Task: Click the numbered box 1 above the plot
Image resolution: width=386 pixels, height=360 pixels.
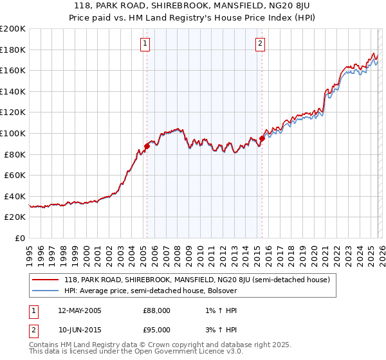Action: pyautogui.click(x=145, y=44)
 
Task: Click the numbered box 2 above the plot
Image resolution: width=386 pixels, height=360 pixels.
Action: pyautogui.click(x=260, y=44)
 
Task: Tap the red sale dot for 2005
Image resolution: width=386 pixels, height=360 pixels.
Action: pyautogui.click(x=147, y=146)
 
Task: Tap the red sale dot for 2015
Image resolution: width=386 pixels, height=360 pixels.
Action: pyautogui.click(x=262, y=138)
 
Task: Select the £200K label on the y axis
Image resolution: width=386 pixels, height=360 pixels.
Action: pyautogui.click(x=13, y=29)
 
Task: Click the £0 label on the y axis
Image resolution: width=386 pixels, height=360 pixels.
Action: pyautogui.click(x=19, y=238)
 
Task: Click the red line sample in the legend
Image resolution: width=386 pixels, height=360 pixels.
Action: pyautogui.click(x=46, y=280)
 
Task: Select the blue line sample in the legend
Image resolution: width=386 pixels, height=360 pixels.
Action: pyautogui.click(x=46, y=291)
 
